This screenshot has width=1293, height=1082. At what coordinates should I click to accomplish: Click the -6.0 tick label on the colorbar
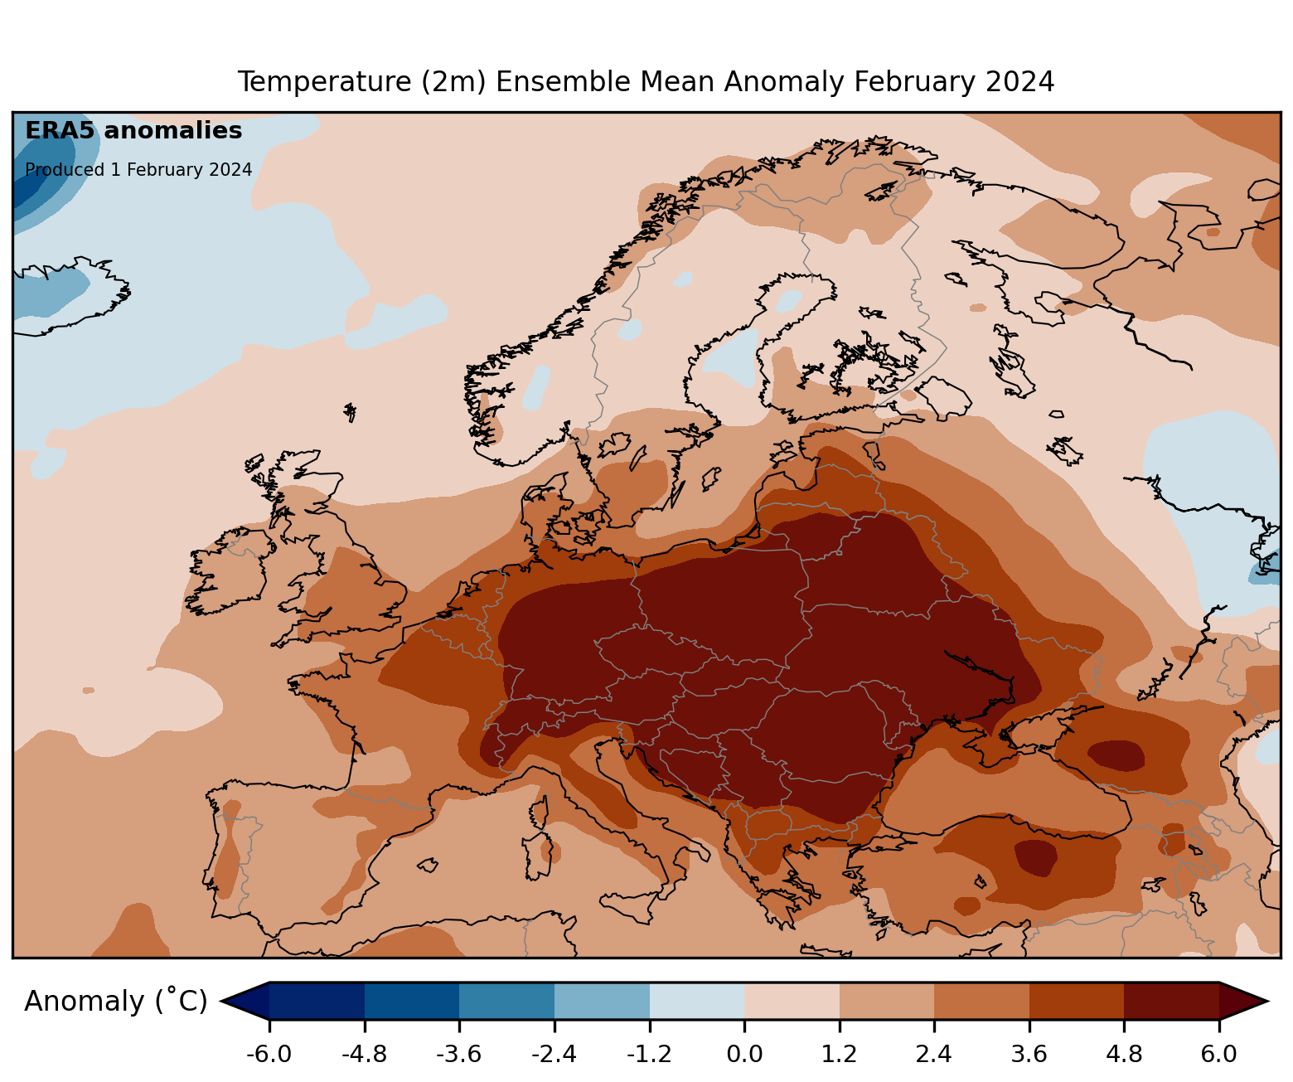click(269, 1055)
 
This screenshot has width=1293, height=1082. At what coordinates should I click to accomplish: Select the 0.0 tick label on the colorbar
click(744, 1055)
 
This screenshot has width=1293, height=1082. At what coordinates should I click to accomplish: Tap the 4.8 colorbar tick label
click(1124, 1055)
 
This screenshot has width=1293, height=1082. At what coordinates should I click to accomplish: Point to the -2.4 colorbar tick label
click(554, 1055)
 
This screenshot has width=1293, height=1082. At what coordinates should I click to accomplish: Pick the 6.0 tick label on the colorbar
click(1218, 1055)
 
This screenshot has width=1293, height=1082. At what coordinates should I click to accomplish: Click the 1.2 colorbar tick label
click(839, 1055)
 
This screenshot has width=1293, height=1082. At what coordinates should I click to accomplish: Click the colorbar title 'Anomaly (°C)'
click(116, 1002)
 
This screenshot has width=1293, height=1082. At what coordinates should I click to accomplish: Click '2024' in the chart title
click(1020, 82)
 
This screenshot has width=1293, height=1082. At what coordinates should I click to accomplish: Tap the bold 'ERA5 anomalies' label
click(133, 131)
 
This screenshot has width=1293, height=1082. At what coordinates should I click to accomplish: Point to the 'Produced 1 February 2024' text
click(138, 170)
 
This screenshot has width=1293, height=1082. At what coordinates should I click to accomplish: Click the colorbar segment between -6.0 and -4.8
click(317, 1001)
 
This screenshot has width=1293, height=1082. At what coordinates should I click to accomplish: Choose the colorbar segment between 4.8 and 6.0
click(1171, 1001)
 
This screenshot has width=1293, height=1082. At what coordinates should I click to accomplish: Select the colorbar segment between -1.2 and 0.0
click(696, 1001)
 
